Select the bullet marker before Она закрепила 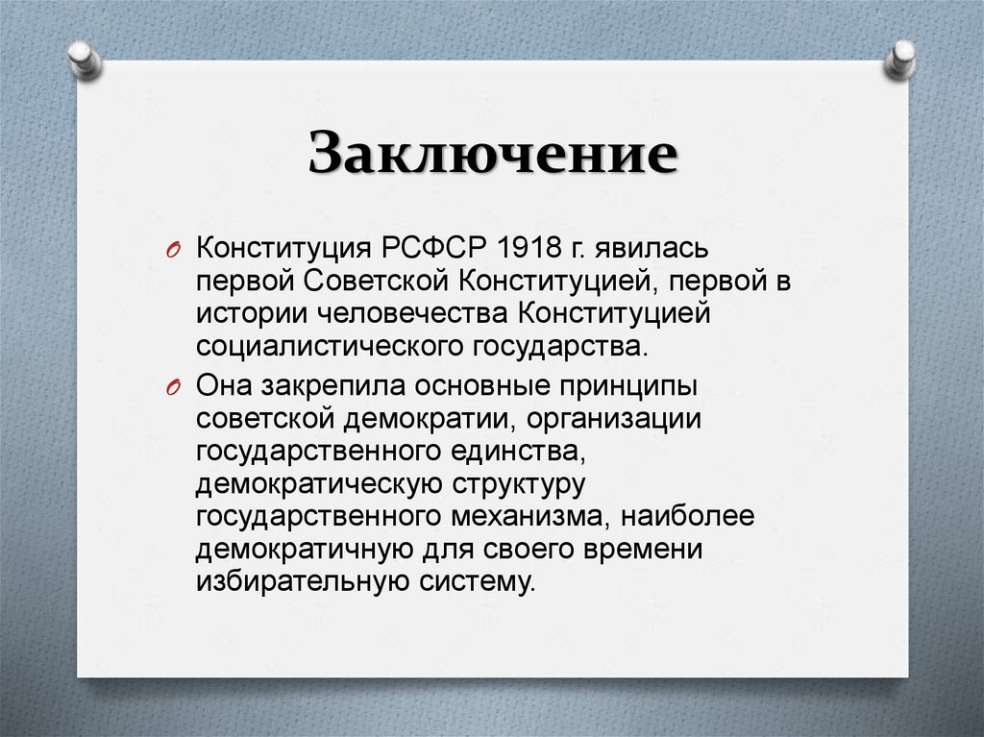175,387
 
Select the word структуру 517,481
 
